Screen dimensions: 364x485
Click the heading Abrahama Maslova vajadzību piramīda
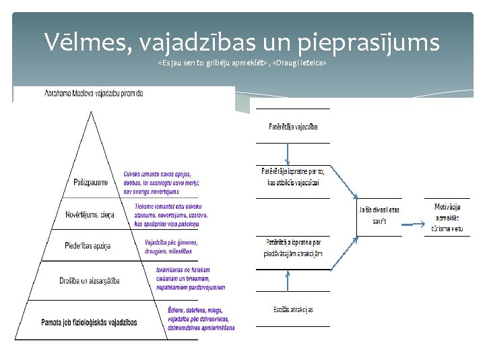[94, 94]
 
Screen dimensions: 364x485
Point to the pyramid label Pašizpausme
[91, 183]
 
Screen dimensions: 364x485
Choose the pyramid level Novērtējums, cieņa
[90, 214]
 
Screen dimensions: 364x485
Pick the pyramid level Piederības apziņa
[88, 246]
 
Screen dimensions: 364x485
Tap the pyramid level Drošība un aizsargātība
[89, 281]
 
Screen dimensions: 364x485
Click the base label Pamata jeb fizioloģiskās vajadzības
[89, 322]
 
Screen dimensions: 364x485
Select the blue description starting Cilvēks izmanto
[162, 183]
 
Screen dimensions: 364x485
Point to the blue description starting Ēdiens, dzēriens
[201, 318]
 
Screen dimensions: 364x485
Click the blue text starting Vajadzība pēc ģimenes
[171, 247]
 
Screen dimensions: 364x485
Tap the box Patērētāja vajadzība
[292, 126]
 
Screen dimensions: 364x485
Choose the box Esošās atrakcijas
[292, 310]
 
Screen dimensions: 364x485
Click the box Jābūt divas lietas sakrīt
[379, 215]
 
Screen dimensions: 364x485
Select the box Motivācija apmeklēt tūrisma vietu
[448, 218]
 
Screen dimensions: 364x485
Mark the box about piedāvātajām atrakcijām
[292, 248]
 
